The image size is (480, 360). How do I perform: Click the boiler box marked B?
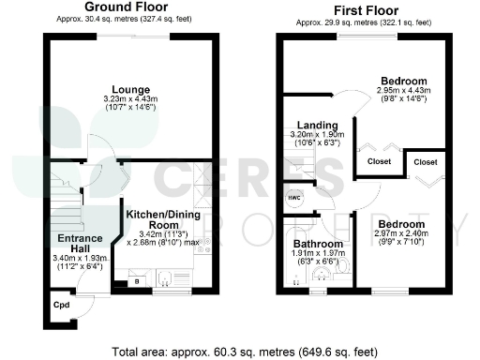(x=139, y=280)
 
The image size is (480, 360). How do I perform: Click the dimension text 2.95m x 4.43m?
(x=402, y=91)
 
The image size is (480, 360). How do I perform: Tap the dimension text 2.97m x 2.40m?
(x=400, y=234)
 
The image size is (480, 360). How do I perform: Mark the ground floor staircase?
(x=66, y=196)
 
